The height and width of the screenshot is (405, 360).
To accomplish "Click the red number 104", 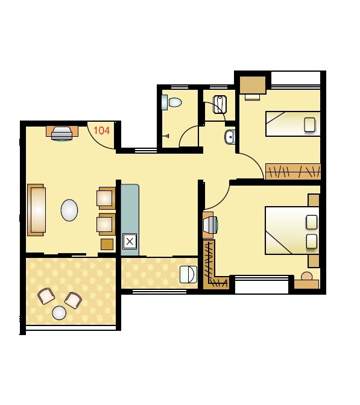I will tap(102, 130).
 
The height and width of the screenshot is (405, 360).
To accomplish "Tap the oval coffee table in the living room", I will tap(69, 210).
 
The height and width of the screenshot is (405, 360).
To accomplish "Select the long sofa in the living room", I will tap(36, 210).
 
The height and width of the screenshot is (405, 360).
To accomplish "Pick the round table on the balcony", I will tap(59, 313).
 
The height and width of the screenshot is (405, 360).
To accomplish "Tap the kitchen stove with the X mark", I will tap(130, 242).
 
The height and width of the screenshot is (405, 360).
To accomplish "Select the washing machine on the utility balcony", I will tap(188, 274).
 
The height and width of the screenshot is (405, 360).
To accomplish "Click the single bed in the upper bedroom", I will tap(292, 124).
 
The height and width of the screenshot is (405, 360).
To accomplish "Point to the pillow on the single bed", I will tap(310, 125).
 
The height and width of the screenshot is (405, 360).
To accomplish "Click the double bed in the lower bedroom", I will tap(291, 231).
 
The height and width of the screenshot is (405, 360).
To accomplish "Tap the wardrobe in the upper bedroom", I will tap(292, 171).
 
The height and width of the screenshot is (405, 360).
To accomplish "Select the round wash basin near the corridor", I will tap(230, 137).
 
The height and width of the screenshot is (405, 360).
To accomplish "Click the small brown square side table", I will tap(107, 243).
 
